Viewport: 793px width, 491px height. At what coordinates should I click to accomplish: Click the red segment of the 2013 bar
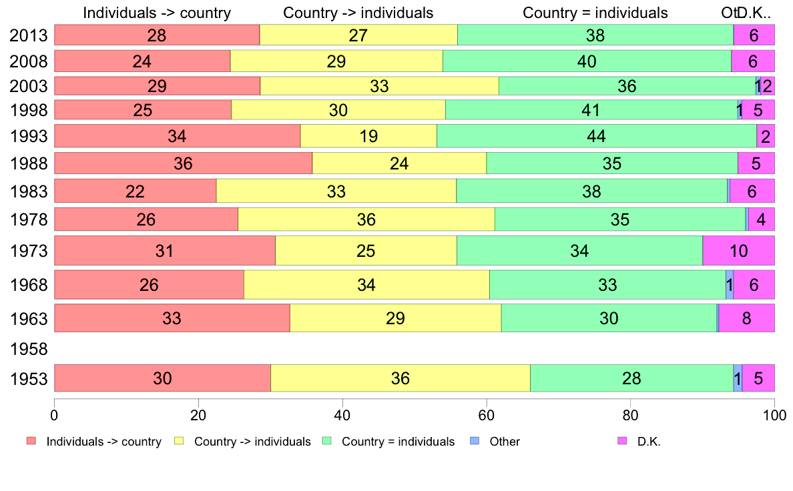(x=156, y=35)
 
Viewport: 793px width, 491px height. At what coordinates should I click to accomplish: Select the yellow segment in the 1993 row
(x=368, y=136)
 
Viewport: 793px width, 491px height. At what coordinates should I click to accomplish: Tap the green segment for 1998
(x=591, y=110)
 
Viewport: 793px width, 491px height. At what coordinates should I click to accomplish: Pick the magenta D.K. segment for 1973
(x=738, y=251)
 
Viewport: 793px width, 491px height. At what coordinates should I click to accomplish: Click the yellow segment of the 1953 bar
(x=400, y=378)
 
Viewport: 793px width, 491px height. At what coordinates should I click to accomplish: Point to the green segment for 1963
(x=608, y=318)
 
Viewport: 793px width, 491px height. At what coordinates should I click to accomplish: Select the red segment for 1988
(x=183, y=163)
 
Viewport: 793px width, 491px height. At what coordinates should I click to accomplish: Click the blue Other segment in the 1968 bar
(x=730, y=285)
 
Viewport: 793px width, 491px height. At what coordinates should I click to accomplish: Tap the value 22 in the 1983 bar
(x=135, y=191)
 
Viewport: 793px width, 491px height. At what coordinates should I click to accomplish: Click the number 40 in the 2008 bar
(x=587, y=61)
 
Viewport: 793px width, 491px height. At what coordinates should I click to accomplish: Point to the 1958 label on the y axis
(x=29, y=349)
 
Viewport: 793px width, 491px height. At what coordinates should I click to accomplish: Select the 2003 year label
(x=29, y=86)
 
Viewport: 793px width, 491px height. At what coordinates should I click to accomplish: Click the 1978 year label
(x=29, y=219)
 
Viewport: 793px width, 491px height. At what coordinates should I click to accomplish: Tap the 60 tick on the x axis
(x=486, y=414)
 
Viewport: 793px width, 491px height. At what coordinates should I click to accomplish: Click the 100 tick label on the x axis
(x=774, y=414)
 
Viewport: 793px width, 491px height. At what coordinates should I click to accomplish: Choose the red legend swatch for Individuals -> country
(x=31, y=441)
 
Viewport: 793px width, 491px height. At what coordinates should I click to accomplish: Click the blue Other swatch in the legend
(x=475, y=441)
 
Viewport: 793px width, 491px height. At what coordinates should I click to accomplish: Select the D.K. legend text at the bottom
(x=649, y=442)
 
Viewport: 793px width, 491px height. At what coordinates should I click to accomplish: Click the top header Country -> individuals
(x=358, y=13)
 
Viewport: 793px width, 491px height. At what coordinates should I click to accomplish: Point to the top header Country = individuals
(x=595, y=13)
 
